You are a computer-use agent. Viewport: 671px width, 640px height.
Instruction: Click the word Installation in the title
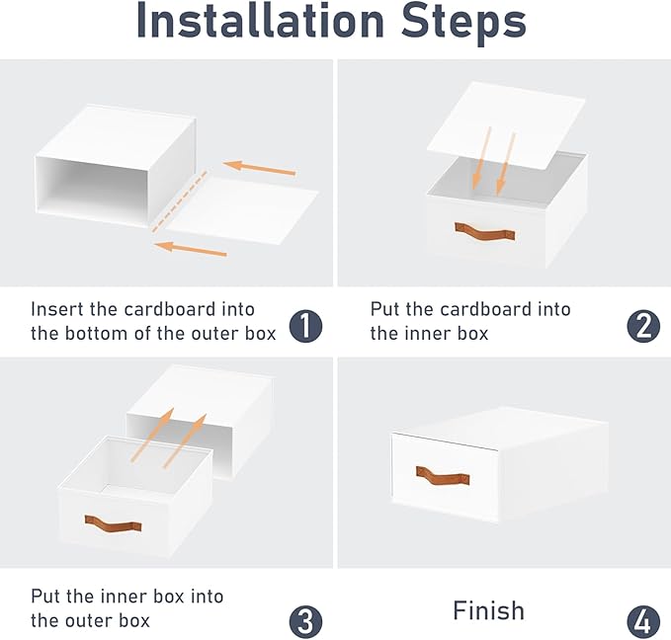261,21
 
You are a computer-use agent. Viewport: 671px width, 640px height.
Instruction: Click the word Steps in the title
463,24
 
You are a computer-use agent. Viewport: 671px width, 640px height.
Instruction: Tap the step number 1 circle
305,326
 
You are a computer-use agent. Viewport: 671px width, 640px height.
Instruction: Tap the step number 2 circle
643,326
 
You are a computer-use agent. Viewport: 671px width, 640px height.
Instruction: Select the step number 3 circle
305,622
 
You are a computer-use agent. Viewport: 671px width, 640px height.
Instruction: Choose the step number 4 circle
643,622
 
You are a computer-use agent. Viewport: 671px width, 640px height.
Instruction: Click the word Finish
489,610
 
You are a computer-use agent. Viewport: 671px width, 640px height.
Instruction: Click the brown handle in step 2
485,231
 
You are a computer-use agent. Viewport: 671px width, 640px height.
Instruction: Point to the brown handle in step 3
113,523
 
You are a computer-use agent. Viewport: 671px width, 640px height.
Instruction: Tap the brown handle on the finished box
443,475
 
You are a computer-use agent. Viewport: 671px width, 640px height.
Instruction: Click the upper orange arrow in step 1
259,168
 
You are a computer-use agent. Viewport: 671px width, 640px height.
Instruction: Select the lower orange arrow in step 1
190,249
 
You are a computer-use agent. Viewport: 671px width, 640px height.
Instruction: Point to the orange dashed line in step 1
180,201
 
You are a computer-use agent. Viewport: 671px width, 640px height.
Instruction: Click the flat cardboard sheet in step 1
242,209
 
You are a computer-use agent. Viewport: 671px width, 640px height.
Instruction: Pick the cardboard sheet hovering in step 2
507,124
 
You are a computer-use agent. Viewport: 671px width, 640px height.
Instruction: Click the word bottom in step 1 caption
97,334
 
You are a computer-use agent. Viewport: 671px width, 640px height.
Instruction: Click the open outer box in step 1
116,166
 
